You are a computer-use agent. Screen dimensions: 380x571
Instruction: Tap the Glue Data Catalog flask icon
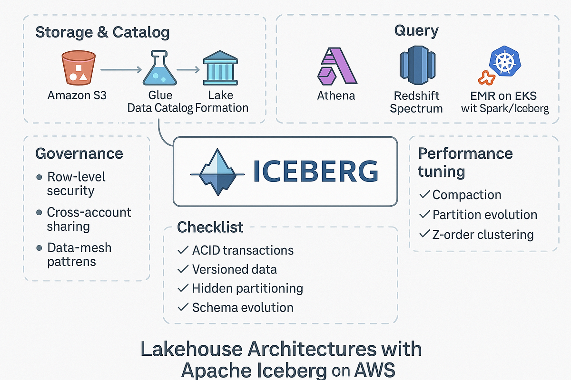pos(159,69)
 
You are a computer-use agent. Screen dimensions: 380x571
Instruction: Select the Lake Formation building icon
pos(220,69)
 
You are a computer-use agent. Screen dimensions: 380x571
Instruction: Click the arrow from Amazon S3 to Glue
pos(121,70)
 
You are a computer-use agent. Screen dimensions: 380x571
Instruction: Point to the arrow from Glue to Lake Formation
pos(188,70)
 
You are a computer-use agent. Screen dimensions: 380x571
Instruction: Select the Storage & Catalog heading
pos(102,32)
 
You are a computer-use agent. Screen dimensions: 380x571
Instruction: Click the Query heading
pos(416,31)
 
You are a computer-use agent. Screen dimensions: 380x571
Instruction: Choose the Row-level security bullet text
pos(76,184)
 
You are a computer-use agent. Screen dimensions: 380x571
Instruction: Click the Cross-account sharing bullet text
pos(89,219)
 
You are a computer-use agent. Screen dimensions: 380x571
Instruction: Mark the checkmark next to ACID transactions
pos(182,250)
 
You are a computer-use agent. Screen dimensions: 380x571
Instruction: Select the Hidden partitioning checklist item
pos(247,288)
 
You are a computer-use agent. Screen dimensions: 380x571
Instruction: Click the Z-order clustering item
pos(482,235)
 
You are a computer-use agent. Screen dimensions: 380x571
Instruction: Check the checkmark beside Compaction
pos(424,195)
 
